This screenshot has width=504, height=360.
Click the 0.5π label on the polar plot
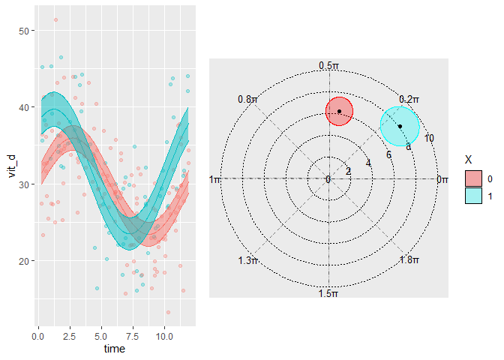[328, 66]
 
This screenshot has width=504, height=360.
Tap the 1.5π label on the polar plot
[328, 293]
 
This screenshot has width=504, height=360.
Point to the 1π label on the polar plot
[216, 179]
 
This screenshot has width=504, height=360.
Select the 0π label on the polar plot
[442, 179]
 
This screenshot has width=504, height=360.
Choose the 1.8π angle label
[409, 260]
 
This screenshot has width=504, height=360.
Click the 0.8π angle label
[248, 99]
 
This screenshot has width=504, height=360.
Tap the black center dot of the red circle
[339, 112]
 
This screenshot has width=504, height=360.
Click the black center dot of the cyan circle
[400, 126]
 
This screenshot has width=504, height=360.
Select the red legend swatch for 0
[474, 178]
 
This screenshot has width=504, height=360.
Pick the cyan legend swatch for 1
[474, 195]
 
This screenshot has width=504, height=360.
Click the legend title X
[469, 160]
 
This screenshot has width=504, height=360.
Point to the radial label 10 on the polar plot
[429, 138]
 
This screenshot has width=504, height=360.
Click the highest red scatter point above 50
[55, 19]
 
